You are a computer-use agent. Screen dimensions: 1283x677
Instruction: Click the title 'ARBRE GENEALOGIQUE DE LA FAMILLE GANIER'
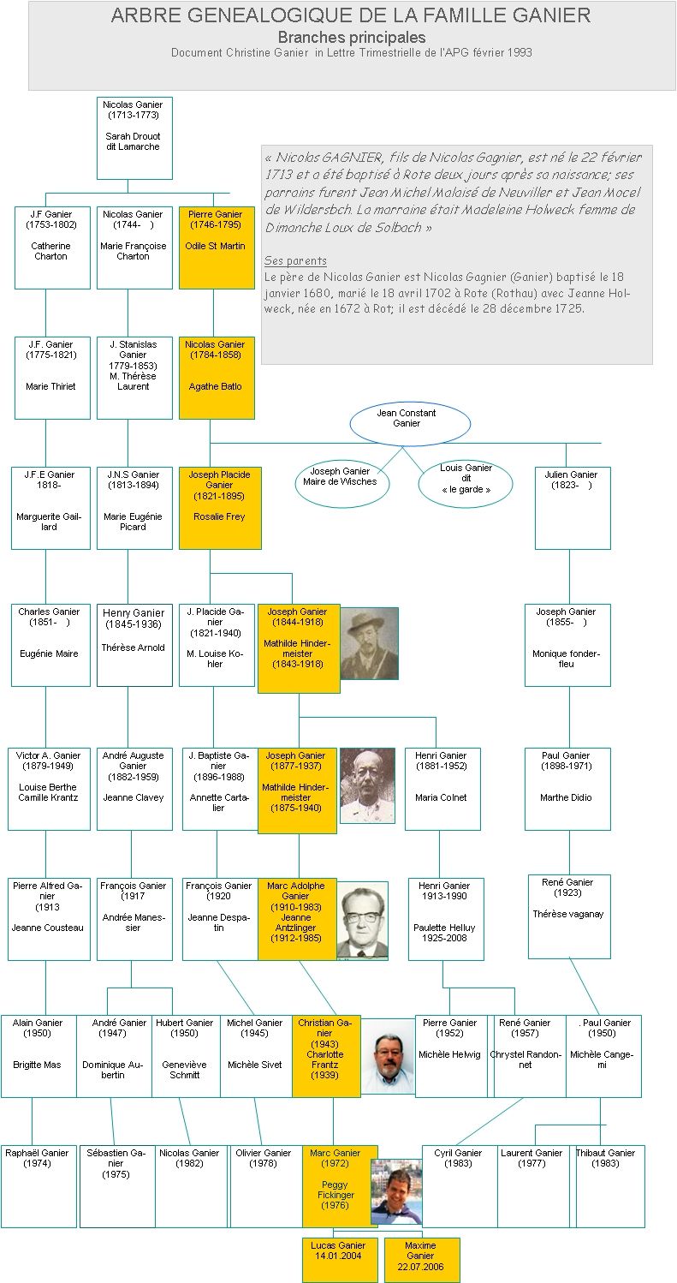[x=351, y=15]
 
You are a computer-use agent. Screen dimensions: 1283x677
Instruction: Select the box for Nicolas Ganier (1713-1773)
[x=134, y=137]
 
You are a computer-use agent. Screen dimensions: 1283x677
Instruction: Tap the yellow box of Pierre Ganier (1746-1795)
[x=217, y=247]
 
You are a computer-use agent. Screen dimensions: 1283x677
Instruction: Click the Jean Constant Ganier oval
[x=410, y=423]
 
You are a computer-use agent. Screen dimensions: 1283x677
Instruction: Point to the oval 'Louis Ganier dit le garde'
[x=466, y=483]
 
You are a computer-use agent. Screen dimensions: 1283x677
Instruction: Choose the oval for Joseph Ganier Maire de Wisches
[x=340, y=483]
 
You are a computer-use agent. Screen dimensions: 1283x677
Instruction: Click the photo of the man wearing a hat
[x=370, y=643]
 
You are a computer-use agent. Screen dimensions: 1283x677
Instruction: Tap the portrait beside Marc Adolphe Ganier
[x=362, y=921]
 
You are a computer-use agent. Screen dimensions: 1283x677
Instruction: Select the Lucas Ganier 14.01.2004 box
[x=340, y=1259]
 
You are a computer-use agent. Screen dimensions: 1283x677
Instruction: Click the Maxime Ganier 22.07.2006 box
[x=421, y=1259]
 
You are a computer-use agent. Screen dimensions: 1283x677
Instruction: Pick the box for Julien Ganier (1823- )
[x=573, y=508]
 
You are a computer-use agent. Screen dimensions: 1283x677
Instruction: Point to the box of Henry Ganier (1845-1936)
[x=134, y=645]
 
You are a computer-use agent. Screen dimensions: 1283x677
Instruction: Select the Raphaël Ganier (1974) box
[x=38, y=1185]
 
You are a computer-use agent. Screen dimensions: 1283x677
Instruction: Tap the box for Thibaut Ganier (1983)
[x=609, y=1185]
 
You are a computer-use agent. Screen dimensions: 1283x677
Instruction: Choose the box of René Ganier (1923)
[x=569, y=916]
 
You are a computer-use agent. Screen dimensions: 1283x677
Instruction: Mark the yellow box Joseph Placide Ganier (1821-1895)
[x=220, y=508]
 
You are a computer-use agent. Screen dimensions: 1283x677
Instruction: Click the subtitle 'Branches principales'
[x=351, y=38]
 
